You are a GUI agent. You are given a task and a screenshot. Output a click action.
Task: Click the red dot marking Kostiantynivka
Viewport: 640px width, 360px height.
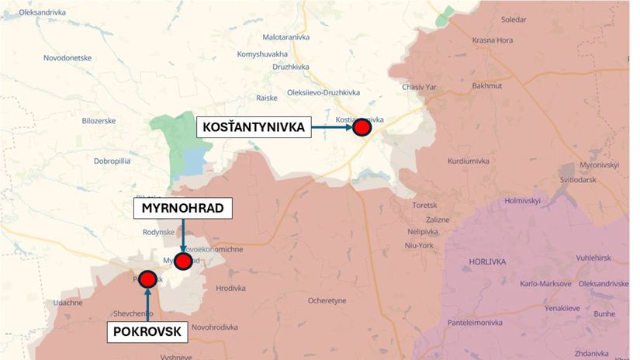tap(361, 127)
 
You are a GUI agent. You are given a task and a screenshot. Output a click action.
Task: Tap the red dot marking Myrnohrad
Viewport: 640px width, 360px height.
tap(183, 261)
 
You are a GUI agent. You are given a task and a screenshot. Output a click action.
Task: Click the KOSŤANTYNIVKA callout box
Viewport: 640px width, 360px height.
tap(254, 126)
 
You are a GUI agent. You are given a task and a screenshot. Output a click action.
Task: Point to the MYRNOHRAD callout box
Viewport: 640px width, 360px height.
tap(183, 209)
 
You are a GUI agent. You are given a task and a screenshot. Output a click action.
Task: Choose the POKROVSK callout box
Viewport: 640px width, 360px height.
tap(147, 332)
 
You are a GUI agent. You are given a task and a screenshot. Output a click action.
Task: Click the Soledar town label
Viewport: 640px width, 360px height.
tap(492, 19)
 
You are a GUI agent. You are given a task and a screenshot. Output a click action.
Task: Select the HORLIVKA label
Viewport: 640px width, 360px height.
tap(487, 262)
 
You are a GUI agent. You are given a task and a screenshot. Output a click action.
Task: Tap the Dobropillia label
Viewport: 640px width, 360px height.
tap(116, 161)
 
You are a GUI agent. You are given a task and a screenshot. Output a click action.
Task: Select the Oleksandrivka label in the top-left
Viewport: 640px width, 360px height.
tap(37, 12)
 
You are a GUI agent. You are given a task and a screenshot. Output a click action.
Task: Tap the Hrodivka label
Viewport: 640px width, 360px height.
tap(230, 289)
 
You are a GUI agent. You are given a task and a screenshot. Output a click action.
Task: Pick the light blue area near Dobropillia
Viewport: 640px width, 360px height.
tap(194, 162)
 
